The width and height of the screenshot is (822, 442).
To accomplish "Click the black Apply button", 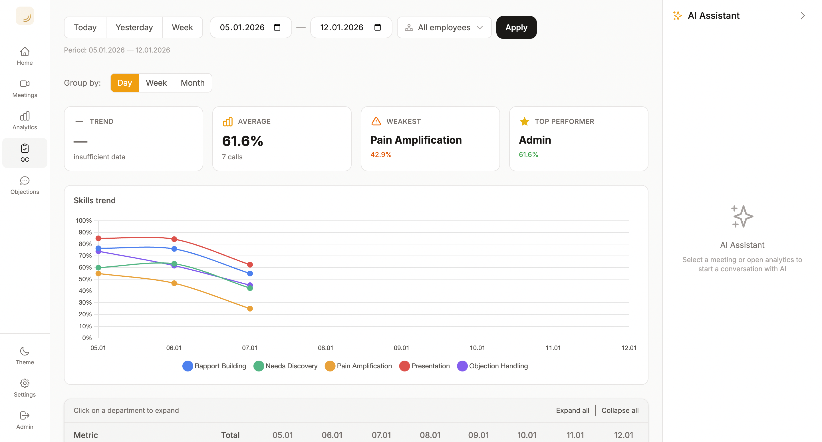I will tap(516, 27).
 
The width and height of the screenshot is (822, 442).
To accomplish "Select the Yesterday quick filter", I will tap(134, 27).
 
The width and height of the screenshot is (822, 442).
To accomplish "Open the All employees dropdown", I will tap(444, 27).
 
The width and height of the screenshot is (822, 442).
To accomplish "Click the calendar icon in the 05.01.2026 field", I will tap(277, 27).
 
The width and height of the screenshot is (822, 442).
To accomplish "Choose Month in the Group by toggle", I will tap(192, 83).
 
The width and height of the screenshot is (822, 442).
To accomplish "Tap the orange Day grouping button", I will tap(124, 83).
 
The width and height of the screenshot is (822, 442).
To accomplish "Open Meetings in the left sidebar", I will tap(25, 89).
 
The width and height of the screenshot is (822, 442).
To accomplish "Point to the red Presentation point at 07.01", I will tap(250, 265).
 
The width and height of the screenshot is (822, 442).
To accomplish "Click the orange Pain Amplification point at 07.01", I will tap(250, 309).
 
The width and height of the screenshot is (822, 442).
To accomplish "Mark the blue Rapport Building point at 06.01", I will tap(174, 249).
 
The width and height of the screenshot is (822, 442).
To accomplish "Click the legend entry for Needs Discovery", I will tap(286, 366).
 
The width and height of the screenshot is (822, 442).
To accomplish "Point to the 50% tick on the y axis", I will tap(85, 279).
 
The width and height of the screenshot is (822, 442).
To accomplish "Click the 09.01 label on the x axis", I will tap(401, 348).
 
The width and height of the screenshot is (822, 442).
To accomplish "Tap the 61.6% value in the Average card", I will tap(243, 141).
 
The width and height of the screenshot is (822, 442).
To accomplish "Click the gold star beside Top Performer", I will tap(524, 122).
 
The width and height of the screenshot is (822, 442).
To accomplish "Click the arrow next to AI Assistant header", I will tap(803, 16).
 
